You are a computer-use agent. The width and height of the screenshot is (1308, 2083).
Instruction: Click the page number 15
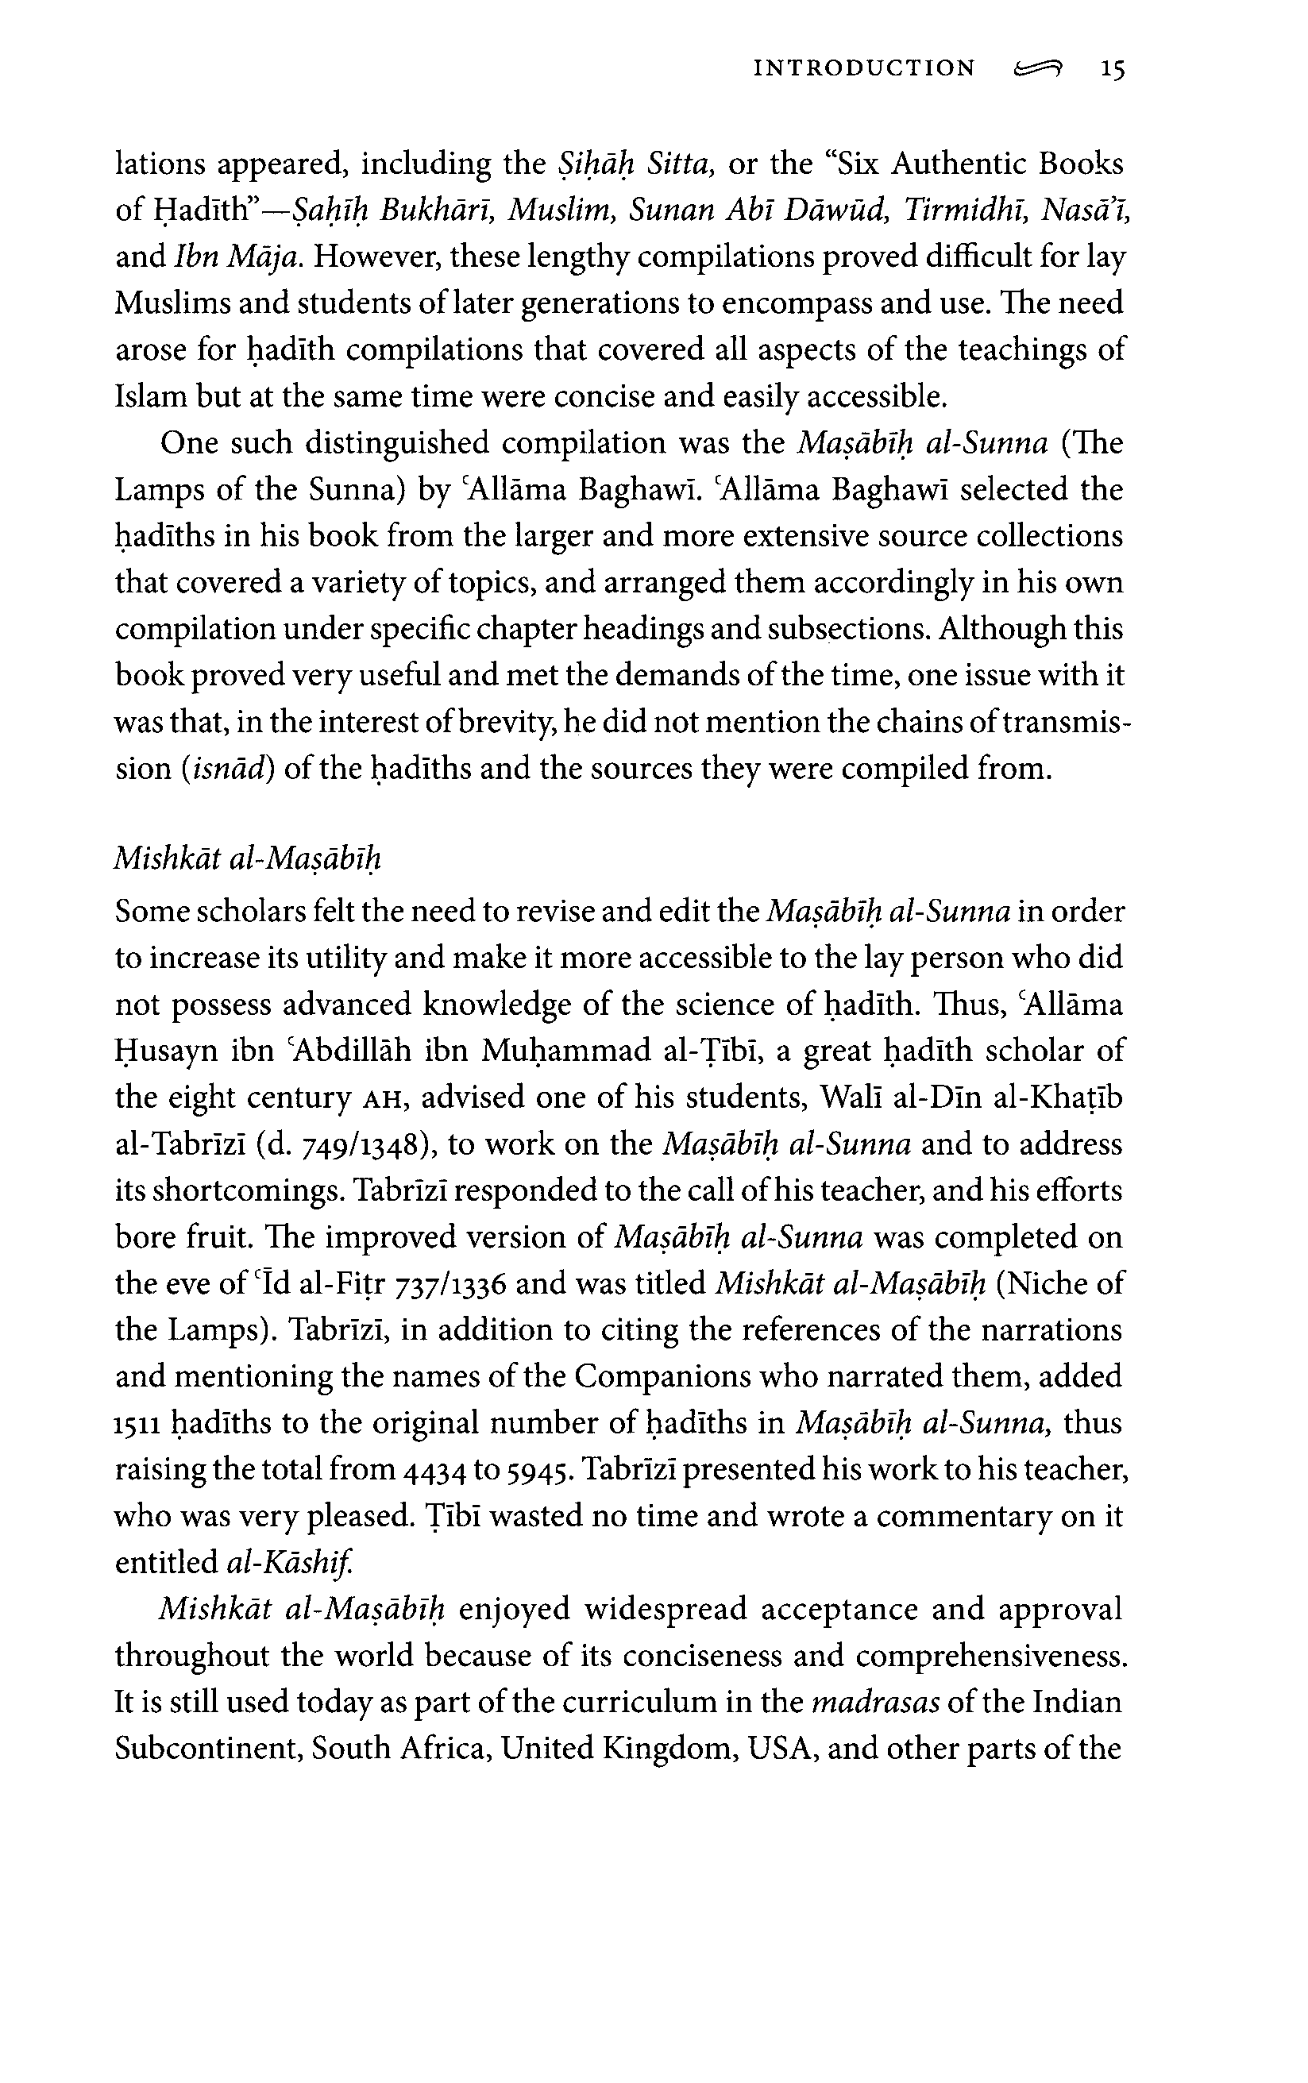[1112, 69]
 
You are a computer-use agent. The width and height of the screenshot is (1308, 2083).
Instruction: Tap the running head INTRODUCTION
[864, 69]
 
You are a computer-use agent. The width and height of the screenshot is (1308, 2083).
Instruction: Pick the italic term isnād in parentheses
[227, 768]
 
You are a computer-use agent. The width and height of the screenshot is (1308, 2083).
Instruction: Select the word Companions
[662, 1376]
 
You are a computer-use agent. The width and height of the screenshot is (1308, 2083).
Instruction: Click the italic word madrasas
[875, 1703]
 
